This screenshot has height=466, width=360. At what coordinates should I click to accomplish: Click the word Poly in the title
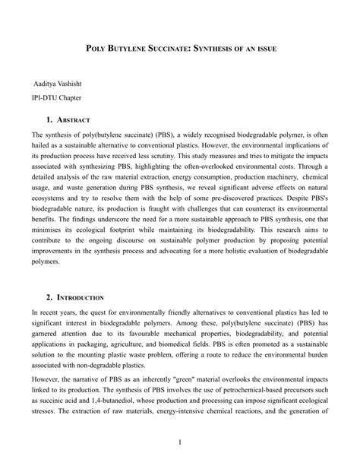tap(94, 49)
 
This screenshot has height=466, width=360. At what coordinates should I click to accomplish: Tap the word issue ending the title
tap(263, 49)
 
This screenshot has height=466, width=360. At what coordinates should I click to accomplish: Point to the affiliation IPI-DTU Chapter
tap(56, 97)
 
